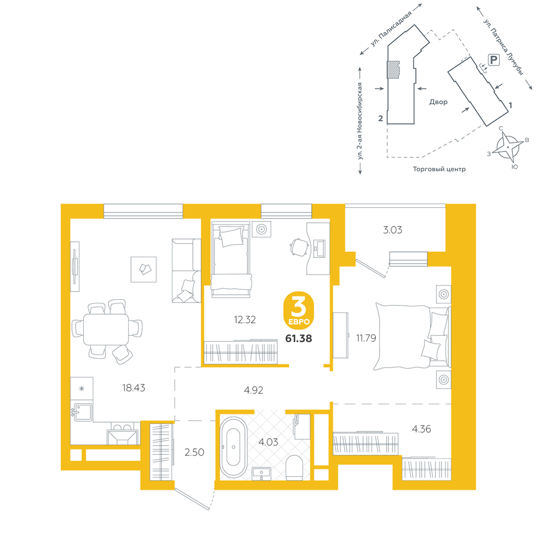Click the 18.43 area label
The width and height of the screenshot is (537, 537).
134,388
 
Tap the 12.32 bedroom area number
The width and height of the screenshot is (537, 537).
244,320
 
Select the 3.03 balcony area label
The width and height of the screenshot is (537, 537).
393,230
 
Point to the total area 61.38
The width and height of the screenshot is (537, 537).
299,338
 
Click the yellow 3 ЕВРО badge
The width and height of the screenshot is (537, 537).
299,310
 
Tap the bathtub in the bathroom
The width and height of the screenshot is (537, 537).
233,447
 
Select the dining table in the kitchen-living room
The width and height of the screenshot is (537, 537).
106,329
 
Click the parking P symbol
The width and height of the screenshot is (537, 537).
494,60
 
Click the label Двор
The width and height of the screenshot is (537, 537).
438,101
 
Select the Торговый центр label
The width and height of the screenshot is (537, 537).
439,169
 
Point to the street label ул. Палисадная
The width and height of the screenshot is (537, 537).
390,29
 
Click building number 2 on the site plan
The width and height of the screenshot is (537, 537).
381,118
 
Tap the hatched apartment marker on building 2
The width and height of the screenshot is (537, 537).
394,69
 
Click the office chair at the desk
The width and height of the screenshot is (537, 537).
299,247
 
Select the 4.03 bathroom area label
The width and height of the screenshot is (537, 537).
268,442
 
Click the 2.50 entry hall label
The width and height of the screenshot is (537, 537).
194,452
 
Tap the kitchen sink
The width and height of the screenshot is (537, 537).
82,412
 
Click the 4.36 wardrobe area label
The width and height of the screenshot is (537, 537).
421,429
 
